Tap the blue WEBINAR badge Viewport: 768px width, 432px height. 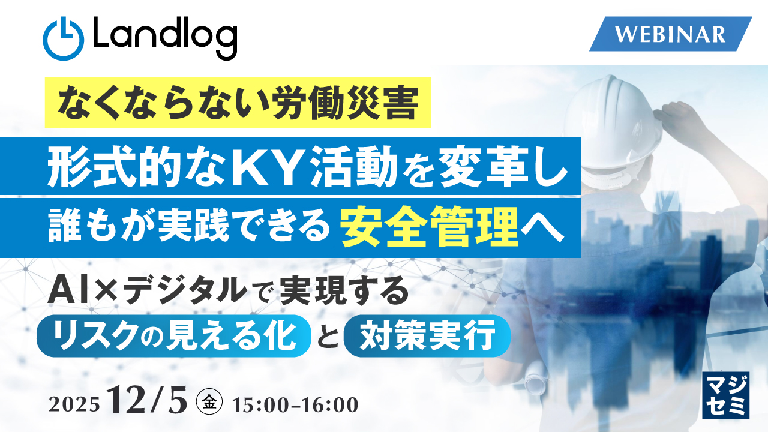pos(670,34)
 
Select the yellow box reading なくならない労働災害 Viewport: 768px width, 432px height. pos(238,103)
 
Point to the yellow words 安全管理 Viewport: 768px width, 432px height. pos(430,229)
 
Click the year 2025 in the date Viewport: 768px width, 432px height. pos(74,404)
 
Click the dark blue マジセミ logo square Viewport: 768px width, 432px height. pos(725,394)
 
